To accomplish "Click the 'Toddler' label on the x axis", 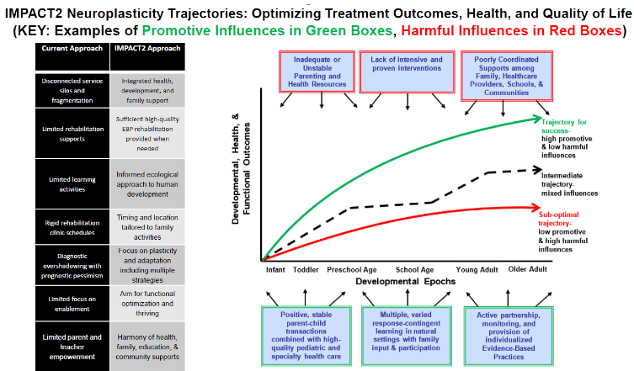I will click(x=306, y=270).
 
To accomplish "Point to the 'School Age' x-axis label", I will click(x=413, y=270).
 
